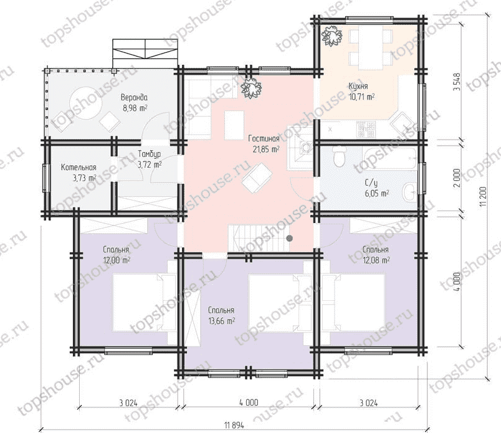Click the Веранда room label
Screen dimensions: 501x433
134,97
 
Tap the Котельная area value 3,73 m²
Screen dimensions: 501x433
85,178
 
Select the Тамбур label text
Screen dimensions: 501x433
149,154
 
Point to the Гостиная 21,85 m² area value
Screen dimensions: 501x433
266,149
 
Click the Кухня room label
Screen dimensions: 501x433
358,86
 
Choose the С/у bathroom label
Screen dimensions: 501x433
371,183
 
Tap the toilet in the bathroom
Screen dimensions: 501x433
338,156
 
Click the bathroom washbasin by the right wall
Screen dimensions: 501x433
409,193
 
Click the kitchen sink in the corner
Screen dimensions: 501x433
402,123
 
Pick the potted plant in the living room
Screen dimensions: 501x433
251,88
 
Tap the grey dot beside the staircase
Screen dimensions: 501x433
290,238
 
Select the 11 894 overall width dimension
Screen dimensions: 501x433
234,426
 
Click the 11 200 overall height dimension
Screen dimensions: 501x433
483,196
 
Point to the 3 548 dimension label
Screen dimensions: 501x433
457,82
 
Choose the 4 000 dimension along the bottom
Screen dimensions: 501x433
249,402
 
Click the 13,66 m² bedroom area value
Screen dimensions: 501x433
221,320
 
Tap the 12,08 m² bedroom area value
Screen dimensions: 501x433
376,260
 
